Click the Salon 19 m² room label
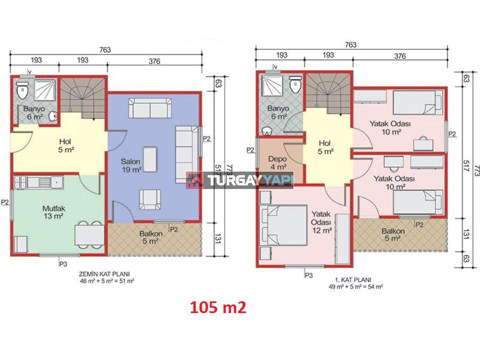point(131,166)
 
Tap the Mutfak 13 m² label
point(53,212)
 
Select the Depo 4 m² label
point(277,163)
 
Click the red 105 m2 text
point(218,307)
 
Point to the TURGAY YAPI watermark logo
point(240,180)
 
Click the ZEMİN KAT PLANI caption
point(104,274)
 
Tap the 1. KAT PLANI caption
point(353,280)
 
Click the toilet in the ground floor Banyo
point(22,89)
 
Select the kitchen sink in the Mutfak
point(46,182)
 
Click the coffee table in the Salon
point(151,159)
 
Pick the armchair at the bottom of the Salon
point(150,200)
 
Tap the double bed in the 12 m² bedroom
point(283,225)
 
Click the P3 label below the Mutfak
point(63,263)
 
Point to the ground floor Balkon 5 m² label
point(151,237)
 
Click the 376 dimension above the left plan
point(154,61)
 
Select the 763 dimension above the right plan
point(350,44)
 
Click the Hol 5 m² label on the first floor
point(325,147)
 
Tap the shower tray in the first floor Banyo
point(272,85)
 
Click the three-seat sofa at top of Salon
point(150,108)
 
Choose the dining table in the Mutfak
point(89,235)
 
